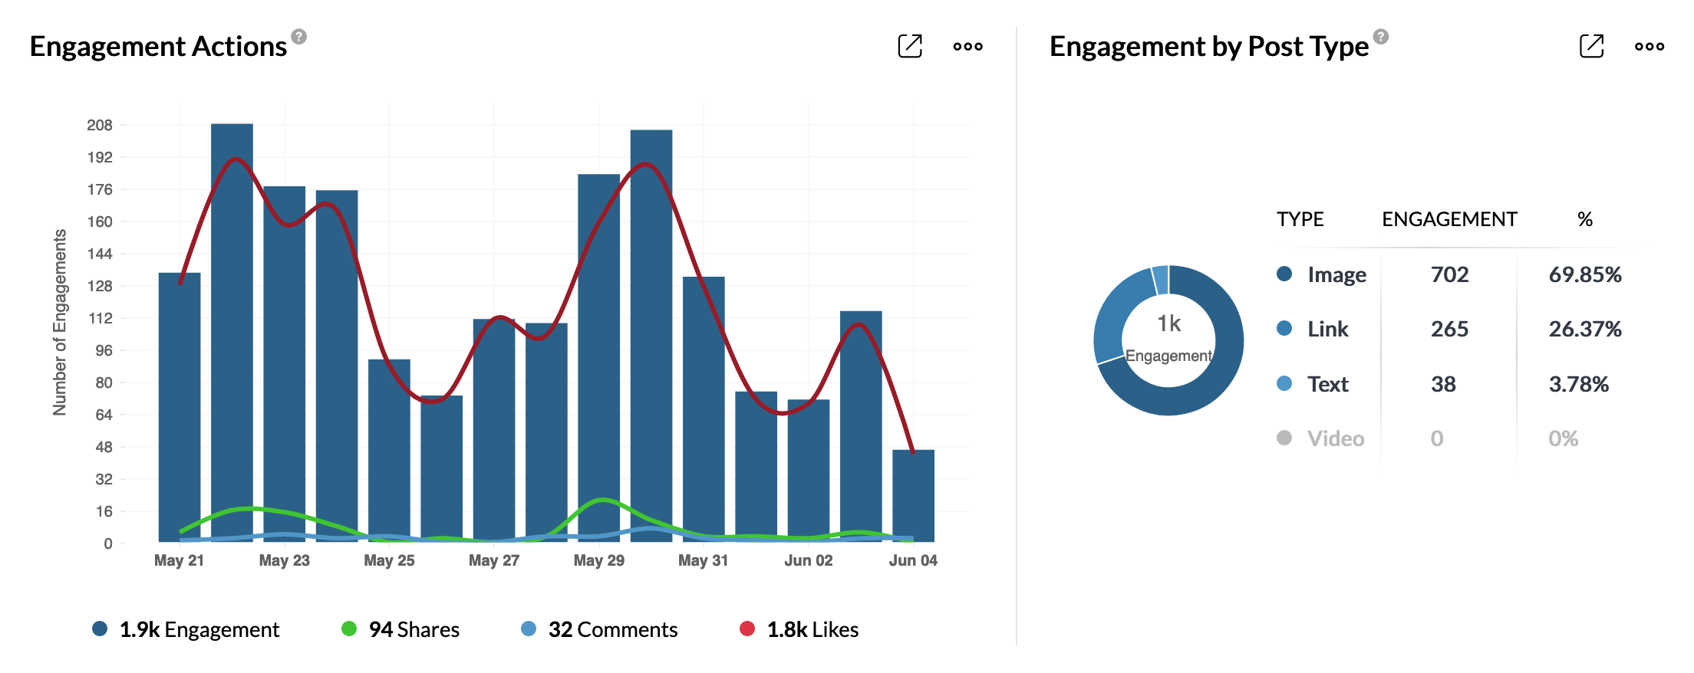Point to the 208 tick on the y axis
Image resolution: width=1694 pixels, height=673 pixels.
100,125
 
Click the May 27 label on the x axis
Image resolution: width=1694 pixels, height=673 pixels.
494,560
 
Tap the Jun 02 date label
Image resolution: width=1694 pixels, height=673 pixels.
808,560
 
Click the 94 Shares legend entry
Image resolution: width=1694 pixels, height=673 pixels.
400,629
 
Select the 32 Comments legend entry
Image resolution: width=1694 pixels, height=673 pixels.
600,629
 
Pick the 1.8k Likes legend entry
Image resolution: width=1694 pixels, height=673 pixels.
799,629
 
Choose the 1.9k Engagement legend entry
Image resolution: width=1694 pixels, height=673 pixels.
186,629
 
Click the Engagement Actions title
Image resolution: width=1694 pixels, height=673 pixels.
158,47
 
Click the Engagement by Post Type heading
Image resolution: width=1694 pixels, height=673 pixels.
1208,47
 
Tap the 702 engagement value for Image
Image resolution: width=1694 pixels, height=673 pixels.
1449,274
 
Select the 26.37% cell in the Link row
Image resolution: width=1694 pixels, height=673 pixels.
1584,329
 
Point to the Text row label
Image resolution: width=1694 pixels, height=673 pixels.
1327,384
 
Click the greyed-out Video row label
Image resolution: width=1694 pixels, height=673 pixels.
1335,438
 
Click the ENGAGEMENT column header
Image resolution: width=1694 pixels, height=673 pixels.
1449,219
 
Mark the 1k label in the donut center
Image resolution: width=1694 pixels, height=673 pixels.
1168,323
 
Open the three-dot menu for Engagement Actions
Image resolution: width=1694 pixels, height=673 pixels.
967,47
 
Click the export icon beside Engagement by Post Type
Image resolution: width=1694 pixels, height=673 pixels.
1591,46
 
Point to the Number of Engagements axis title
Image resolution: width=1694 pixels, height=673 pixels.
60,322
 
